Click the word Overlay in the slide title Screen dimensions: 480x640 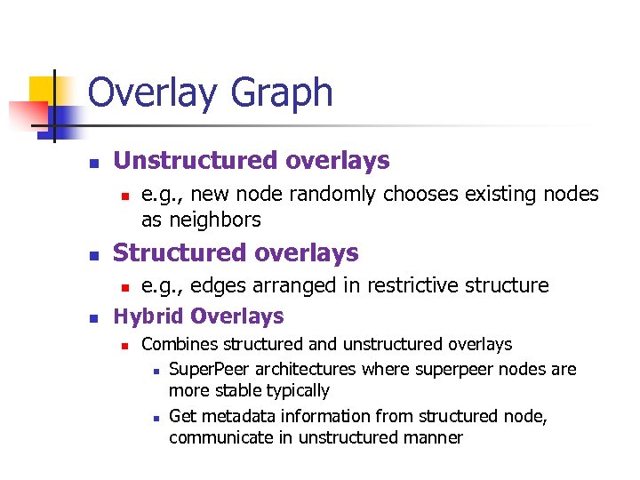pos(148,93)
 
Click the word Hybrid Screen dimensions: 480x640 pos(148,316)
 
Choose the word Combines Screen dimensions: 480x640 pos(180,344)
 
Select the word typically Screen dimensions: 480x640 pos(295,391)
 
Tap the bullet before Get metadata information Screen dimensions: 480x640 pos(155,417)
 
